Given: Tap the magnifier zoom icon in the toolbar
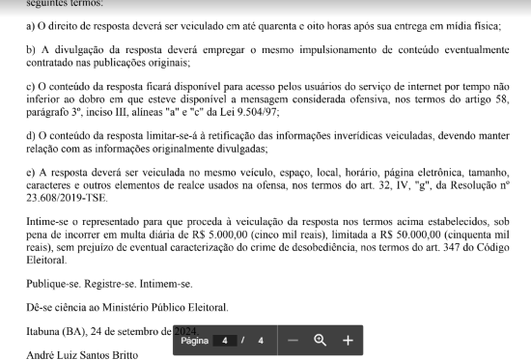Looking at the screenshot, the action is (321, 340).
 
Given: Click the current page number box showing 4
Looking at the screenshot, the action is (225, 341).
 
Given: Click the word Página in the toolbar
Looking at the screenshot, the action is (194, 341).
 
